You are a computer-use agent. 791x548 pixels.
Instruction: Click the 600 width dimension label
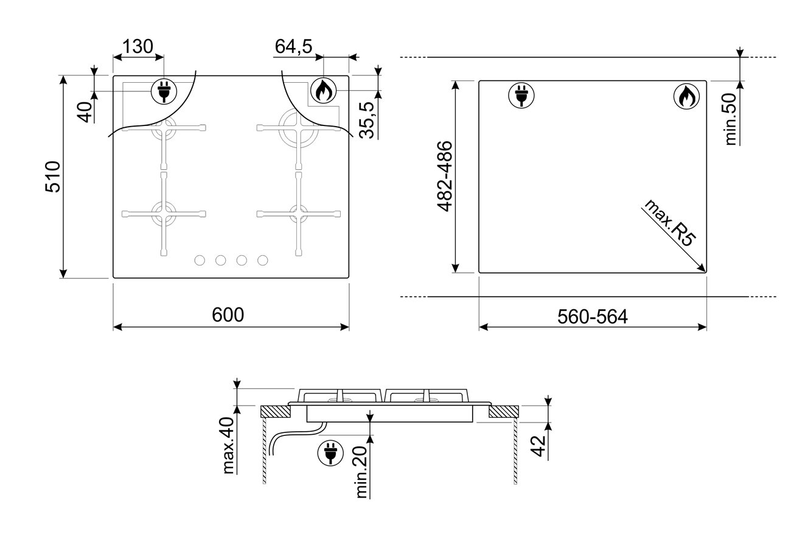pos(228,314)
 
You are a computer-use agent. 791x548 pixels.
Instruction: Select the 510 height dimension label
pos(53,177)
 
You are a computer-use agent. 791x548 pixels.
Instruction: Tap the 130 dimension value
pos(138,46)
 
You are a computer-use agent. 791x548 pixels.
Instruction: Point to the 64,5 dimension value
pos(293,46)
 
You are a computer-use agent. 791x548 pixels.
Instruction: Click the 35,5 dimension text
pos(366,120)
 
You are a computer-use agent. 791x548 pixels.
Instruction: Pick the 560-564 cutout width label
pos(593,317)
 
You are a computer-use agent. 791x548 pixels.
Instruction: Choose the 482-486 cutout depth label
pos(445,177)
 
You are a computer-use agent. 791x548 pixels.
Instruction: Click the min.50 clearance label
pos(731,119)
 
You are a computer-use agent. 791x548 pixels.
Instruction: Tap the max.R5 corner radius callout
pos(670,223)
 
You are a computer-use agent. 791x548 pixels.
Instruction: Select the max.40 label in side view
pos(228,445)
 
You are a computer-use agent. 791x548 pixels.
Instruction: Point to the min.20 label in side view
pos(361,472)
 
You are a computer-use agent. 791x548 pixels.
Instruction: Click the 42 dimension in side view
pos(538,446)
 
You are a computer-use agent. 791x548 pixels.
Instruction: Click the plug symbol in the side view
pos(330,453)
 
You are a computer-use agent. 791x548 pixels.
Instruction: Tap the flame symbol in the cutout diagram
pos(686,96)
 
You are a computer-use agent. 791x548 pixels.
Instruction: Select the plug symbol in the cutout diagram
pos(521,96)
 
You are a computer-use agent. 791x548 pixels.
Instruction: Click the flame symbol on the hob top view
pos(324,91)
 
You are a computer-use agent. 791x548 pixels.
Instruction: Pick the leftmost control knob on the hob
pos(200,261)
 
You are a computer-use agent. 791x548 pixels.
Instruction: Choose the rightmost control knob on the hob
pos(263,261)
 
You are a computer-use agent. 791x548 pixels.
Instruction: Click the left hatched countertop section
pos(276,412)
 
